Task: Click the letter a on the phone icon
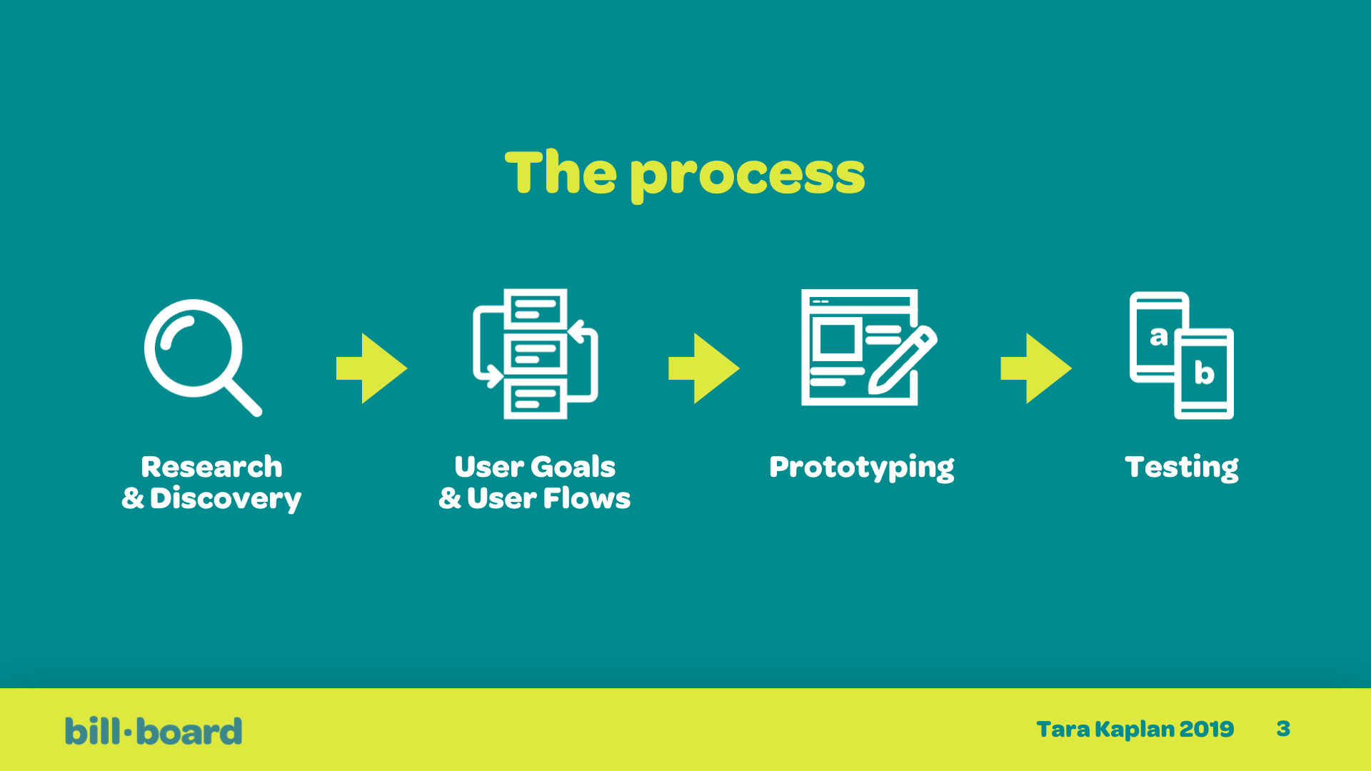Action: click(1158, 336)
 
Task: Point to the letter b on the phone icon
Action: click(1204, 372)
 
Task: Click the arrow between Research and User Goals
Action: click(371, 368)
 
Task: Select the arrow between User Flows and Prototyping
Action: click(703, 368)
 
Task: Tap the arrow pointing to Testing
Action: click(1036, 368)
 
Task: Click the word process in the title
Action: click(748, 176)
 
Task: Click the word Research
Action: click(211, 467)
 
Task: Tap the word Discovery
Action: click(226, 499)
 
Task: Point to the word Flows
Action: click(587, 498)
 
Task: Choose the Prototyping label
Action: click(862, 468)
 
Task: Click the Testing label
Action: click(1182, 468)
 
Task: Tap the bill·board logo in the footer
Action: click(154, 731)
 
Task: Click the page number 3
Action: click(1283, 729)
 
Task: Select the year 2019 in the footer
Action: click(1206, 729)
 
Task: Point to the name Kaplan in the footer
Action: click(1135, 730)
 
